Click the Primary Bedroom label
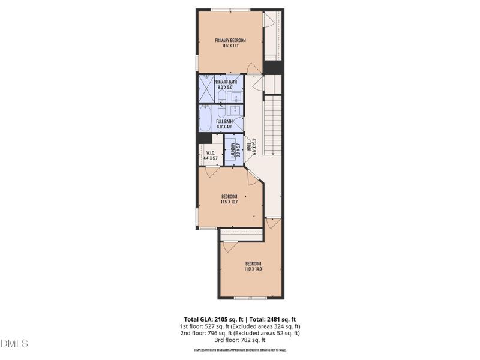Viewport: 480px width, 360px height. coord(231,41)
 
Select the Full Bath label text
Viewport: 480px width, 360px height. coord(224,121)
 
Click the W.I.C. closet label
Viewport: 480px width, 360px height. coord(211,152)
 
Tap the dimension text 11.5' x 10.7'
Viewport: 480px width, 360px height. coord(230,202)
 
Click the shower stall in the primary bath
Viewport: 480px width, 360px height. coord(206,89)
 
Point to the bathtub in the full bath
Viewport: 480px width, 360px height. coord(207,118)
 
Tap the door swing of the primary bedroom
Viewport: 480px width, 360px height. coord(254,68)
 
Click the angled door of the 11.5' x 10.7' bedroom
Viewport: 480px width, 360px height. coord(254,175)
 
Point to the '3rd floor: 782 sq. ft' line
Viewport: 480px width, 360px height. coord(240,340)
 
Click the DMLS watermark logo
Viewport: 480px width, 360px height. coord(14,344)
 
